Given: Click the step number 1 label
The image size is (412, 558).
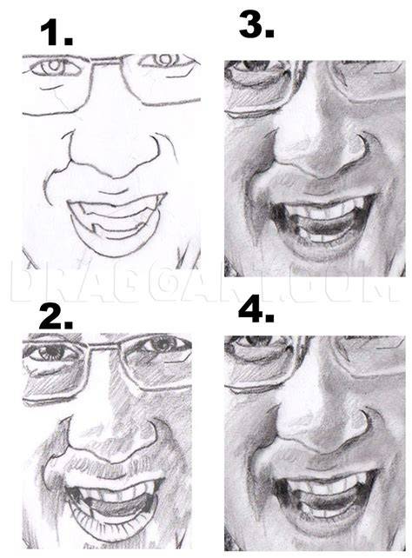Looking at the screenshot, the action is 56,32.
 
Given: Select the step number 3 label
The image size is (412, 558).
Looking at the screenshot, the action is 256,24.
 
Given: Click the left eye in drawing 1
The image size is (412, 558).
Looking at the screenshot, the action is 56,67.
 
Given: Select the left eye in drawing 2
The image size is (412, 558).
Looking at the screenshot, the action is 52,352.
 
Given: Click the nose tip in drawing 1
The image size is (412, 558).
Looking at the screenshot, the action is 115,171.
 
